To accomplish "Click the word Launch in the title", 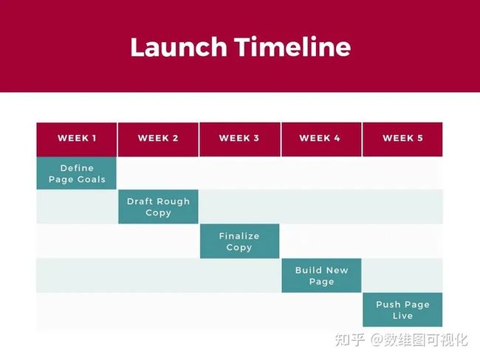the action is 179,47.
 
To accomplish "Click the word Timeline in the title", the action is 292,46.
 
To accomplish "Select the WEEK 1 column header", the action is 77,139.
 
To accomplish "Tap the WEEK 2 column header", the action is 158,139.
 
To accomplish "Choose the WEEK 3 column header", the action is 240,139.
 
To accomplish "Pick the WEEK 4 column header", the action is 321,139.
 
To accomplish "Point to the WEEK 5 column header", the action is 402,139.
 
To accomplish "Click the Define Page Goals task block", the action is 77,173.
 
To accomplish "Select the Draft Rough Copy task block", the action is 158,207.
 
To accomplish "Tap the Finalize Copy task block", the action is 240,241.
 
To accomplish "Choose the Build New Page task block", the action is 321,276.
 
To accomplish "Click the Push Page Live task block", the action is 402,310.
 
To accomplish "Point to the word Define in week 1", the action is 77,168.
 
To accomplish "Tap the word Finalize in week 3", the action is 239,236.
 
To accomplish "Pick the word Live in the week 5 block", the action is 403,316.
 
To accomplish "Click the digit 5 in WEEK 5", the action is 420,138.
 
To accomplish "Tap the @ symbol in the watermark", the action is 377,340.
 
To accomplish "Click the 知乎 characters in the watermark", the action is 350,340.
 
